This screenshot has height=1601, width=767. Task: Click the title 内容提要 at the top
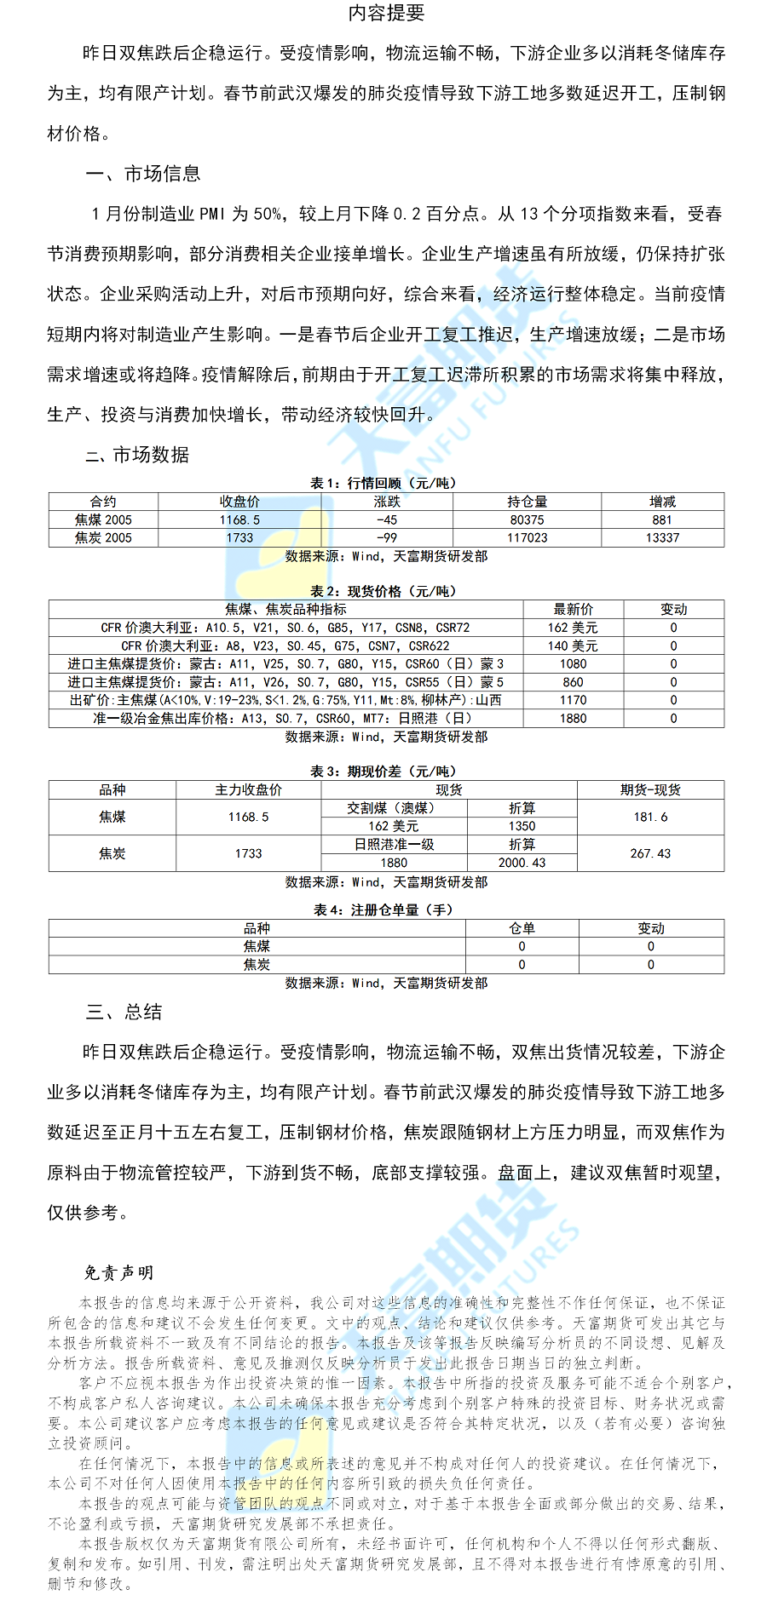tap(386, 13)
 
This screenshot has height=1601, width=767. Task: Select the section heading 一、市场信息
tap(142, 174)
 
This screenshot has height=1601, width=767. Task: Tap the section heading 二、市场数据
tap(137, 455)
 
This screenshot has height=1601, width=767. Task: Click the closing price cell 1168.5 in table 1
tap(239, 519)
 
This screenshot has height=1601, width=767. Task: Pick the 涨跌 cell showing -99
tap(386, 537)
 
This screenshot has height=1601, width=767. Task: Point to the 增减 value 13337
tap(662, 537)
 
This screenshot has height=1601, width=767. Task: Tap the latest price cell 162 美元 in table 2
tap(573, 628)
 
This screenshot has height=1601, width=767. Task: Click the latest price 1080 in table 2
tap(573, 663)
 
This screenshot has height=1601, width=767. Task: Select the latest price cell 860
tap(573, 681)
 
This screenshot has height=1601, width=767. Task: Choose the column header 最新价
tap(573, 609)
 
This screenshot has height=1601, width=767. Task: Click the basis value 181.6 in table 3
tap(650, 817)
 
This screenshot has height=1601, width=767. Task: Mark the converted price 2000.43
tap(522, 863)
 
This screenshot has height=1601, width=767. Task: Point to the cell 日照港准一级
tap(394, 844)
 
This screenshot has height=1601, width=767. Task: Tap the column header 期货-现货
tap(650, 789)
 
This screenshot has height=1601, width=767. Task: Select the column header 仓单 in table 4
tap(522, 928)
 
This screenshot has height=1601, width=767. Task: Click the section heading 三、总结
tap(124, 1012)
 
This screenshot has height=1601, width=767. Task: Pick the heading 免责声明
tap(118, 1272)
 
